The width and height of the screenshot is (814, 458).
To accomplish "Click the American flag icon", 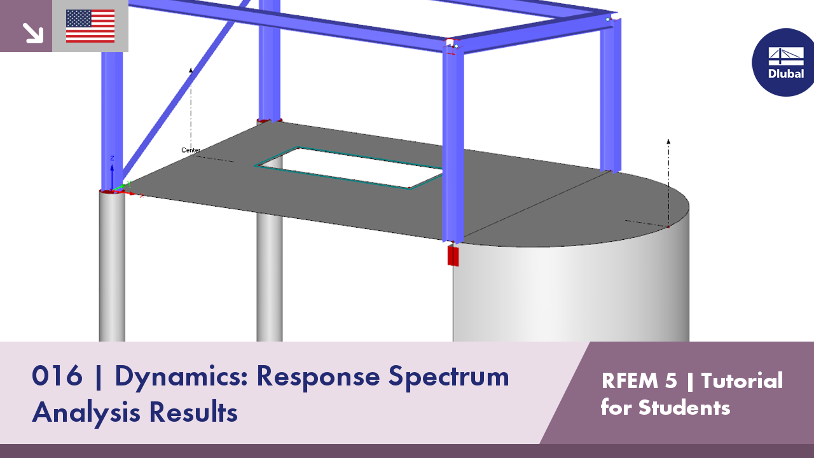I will [90, 26].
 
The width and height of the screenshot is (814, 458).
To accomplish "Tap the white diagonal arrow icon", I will [32, 32].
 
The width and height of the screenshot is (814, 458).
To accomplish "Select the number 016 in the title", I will [57, 377].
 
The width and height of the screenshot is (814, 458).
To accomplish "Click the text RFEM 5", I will [638, 380].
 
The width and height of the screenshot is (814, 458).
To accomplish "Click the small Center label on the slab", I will [191, 150].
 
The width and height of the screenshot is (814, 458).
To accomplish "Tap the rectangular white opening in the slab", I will [348, 167].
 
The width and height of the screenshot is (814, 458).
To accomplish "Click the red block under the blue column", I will [453, 255].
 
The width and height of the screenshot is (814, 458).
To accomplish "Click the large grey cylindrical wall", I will [572, 293].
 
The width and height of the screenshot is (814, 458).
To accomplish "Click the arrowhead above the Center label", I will [190, 70].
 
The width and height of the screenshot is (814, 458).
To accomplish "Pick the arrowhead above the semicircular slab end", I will [668, 141].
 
